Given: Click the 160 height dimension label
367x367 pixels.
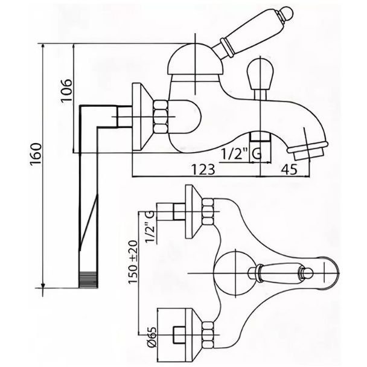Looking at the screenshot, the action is tap(36, 155).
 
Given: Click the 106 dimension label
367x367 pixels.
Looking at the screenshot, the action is tap(66, 90).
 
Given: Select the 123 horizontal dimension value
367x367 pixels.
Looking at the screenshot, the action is tap(203, 169).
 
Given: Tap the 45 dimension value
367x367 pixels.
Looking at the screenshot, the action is tap(290, 169).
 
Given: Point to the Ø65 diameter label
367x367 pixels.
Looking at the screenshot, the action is tap(152, 336).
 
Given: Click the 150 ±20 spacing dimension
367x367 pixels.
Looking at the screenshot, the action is tap(133, 261).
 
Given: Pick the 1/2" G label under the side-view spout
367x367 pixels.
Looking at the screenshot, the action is tap(241, 155).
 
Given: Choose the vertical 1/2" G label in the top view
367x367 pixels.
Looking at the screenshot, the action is tap(150, 227).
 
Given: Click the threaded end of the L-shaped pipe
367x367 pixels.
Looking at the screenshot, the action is tap(88, 279).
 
